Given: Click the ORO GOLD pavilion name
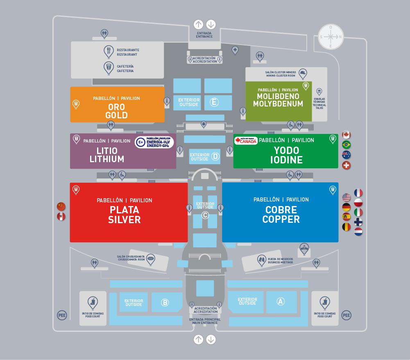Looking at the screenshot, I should coord(117,111).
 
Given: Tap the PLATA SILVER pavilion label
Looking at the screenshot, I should coord(124,215).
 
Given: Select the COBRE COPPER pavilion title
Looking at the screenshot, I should coord(281,214).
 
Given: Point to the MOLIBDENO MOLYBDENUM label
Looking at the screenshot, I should coord(278,100).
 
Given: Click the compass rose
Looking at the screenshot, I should coord(331,36).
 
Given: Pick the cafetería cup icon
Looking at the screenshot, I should coord(109,68).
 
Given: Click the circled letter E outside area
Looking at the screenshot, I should coord(213,102).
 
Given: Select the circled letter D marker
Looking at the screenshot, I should coord(215,156).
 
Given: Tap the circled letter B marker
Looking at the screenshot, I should coord(165,303).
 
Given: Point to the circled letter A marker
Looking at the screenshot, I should coord(281,301).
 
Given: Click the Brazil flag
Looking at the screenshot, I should coord(347,145).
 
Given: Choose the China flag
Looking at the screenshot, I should coord(61,206).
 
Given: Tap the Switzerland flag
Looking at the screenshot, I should coord(347,165).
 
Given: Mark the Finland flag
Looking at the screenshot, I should coord(358,222).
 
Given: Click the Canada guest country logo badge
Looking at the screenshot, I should coord(246,140).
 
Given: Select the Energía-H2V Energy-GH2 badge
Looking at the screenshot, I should coord(154,142).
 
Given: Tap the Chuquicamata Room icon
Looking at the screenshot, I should coord(151,258).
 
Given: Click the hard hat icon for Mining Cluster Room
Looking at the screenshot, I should coord(303,73).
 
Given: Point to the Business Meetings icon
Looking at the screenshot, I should coord(262,259).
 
